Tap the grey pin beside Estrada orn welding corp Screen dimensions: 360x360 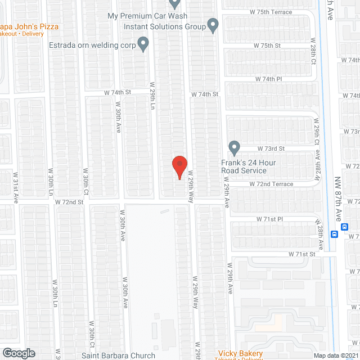[x=143, y=42]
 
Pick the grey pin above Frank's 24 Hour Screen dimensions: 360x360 [x=235, y=148]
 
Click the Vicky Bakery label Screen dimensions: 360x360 [x=240, y=353]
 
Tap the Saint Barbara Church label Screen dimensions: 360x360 [x=118, y=355]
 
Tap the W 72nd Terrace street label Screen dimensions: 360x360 [x=272, y=184]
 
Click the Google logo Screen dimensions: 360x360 [x=18, y=353]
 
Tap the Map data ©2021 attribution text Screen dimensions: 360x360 [x=336, y=355]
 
